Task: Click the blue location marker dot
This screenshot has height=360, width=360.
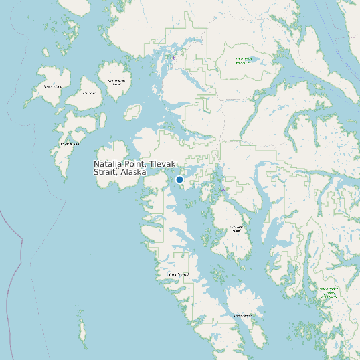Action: click(x=179, y=179)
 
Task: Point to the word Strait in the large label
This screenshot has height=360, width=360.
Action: click(x=105, y=172)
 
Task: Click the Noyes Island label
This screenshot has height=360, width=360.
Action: click(x=53, y=86)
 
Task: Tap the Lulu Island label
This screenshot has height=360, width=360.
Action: click(x=88, y=93)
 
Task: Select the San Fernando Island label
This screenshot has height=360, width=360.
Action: click(x=116, y=82)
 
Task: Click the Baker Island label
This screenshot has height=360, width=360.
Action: click(x=70, y=143)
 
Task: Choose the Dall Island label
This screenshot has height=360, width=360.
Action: click(x=179, y=274)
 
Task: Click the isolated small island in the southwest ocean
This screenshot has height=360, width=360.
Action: click(x=83, y=329)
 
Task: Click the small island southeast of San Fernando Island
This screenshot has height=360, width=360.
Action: click(x=133, y=111)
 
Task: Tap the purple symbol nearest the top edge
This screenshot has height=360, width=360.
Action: click(x=174, y=58)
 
